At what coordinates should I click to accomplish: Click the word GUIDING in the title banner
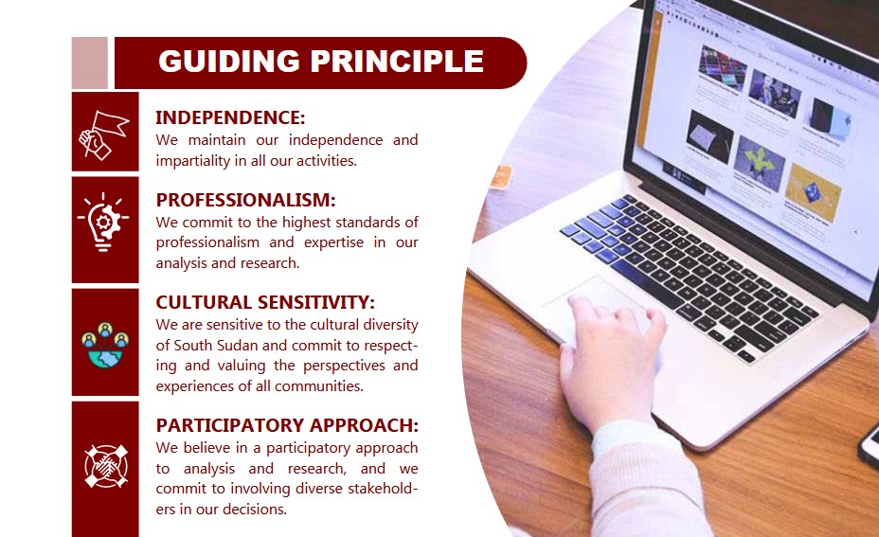tap(229, 62)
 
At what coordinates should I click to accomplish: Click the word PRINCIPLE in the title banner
tap(397, 62)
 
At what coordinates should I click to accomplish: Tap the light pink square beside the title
tap(90, 63)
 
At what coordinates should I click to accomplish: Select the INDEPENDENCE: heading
tap(230, 117)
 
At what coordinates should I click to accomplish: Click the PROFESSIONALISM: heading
tap(245, 200)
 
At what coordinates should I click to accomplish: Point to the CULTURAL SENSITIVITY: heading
tap(265, 303)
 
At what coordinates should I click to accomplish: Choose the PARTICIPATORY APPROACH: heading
tap(287, 425)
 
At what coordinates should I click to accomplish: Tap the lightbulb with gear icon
tap(103, 222)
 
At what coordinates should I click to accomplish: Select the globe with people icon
tap(105, 345)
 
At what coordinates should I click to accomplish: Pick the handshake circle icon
tap(106, 466)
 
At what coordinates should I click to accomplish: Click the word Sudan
tap(237, 346)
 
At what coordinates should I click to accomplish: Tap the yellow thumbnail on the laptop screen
tap(812, 193)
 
